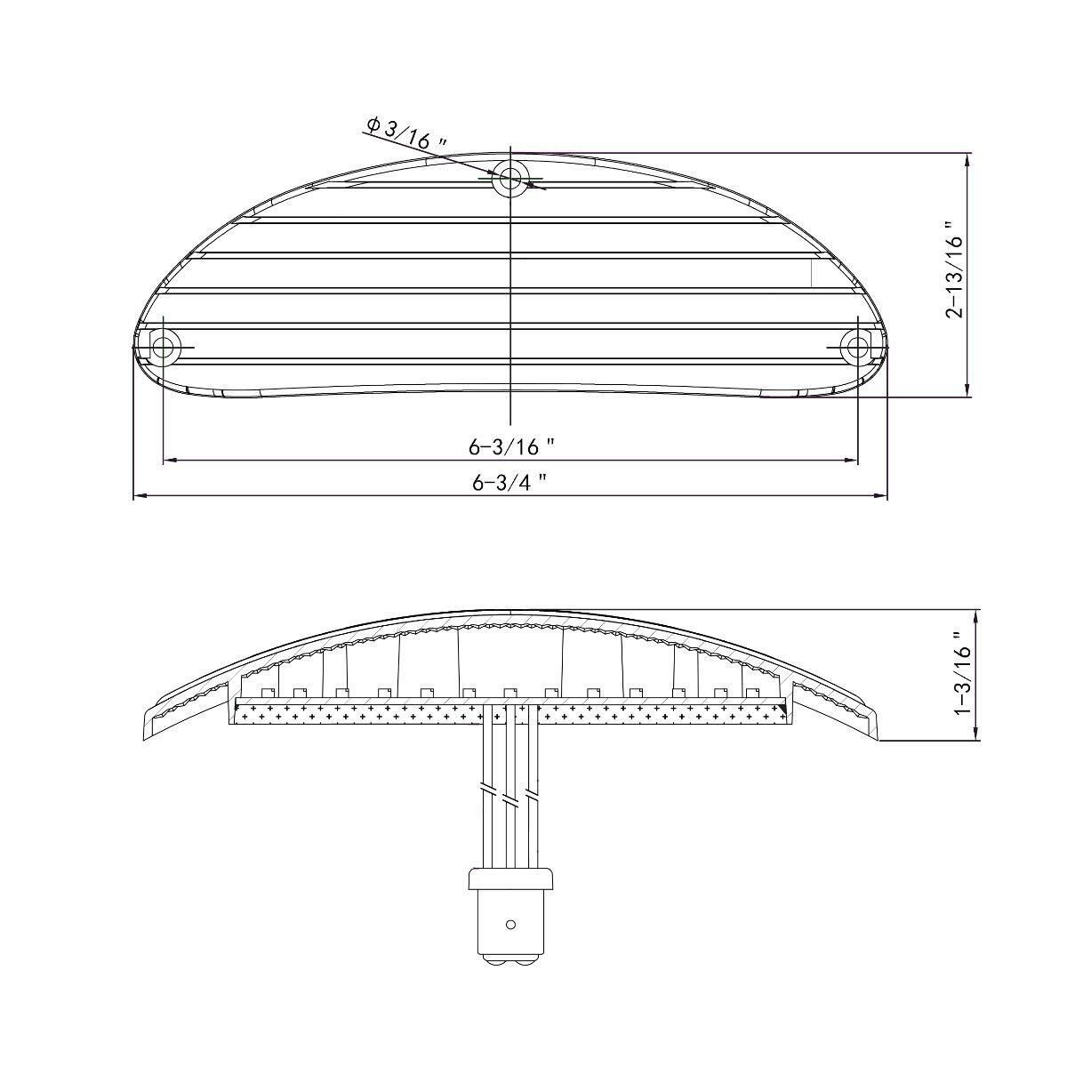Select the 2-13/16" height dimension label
pyautogui.click(x=954, y=269)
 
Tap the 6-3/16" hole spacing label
pyautogui.click(x=510, y=445)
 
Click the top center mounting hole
pyautogui.click(x=510, y=178)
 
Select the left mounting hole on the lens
pyautogui.click(x=164, y=347)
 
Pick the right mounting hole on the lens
pyautogui.click(x=857, y=347)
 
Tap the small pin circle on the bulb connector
pyautogui.click(x=510, y=924)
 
